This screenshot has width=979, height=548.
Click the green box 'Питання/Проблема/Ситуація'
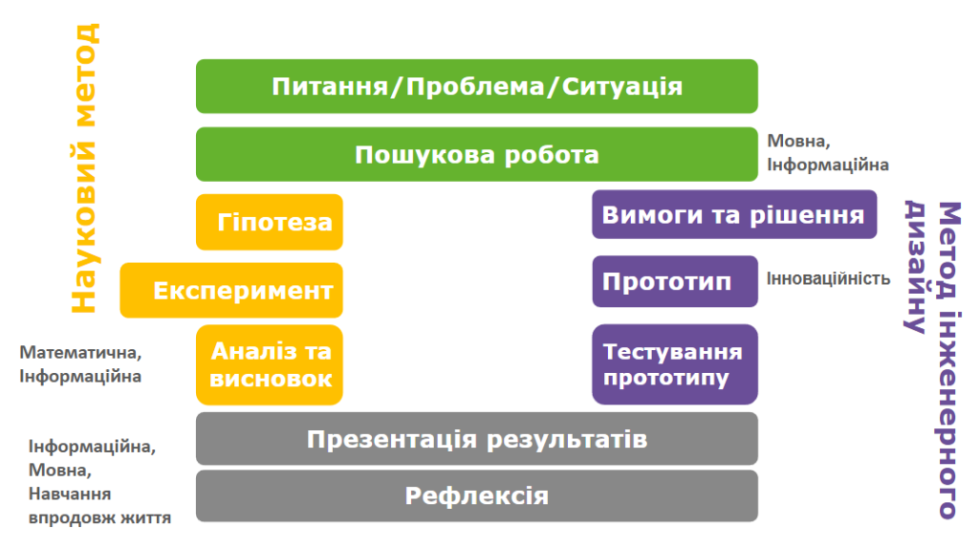[477, 86]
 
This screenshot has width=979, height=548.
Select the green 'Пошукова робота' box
[477, 154]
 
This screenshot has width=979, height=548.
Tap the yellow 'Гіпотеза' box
[269, 222]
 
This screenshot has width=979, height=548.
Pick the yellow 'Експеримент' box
[231, 290]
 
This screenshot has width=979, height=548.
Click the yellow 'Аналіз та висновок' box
[269, 365]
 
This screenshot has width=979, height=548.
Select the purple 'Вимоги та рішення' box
[734, 214]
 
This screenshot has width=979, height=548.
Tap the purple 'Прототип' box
[675, 281]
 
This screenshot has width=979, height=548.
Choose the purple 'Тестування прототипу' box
[675, 364]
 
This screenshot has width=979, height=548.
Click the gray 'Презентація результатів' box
[477, 439]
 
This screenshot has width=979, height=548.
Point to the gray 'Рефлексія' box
[477, 495]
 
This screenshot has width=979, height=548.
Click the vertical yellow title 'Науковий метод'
[84, 168]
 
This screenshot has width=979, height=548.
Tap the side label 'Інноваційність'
[829, 278]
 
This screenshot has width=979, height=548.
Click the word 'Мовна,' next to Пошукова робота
[798, 142]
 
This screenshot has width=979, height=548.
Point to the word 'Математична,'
[80, 353]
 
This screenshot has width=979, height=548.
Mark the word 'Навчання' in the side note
[69, 493]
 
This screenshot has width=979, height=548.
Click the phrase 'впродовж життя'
[99, 518]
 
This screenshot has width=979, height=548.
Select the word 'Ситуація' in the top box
[621, 87]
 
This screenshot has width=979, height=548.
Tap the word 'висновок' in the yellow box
[271, 379]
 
